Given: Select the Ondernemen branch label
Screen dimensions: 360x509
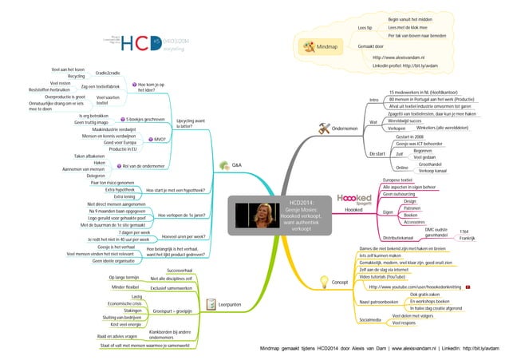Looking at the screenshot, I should (344, 129).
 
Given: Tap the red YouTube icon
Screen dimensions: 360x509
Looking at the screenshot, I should (468, 263).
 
